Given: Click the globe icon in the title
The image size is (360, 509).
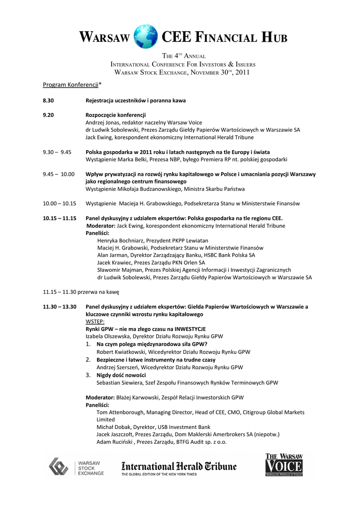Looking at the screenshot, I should coord(146,37).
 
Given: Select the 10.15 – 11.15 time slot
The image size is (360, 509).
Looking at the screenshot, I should coord(59,218).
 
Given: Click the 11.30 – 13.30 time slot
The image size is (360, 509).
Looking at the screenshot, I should coord(60,307).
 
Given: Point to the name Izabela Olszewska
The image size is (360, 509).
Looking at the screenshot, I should coord(107,337).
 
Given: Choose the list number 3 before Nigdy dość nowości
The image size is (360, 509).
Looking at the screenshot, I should coord(88,375).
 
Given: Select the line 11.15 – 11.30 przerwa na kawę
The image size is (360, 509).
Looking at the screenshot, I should coord(81,292).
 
